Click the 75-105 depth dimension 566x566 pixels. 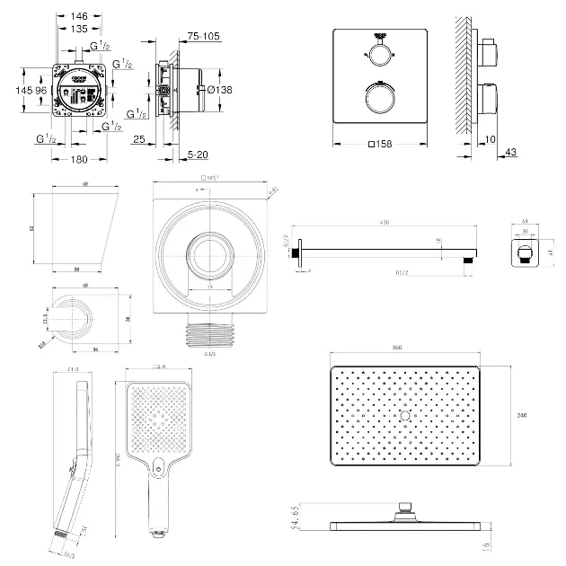203,36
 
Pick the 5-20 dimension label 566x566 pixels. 199,155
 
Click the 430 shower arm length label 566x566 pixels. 384,223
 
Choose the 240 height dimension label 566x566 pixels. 521,415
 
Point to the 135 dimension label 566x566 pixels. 81,29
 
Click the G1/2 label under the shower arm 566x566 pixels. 403,272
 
